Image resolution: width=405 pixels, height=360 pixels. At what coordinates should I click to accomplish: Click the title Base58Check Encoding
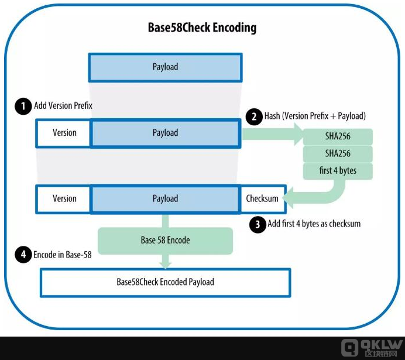click(202, 28)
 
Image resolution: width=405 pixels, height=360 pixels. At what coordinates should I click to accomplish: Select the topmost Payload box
click(164, 67)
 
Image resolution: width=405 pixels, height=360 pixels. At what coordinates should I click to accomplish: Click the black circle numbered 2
click(255, 116)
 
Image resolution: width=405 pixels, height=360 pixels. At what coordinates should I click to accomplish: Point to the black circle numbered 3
click(258, 224)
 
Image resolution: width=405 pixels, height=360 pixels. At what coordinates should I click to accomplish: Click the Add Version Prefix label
click(63, 106)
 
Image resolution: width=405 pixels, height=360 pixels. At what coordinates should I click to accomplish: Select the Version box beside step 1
click(64, 133)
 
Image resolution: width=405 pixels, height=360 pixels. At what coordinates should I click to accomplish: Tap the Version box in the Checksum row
click(64, 198)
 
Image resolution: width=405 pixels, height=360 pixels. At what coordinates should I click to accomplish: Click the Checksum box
click(262, 198)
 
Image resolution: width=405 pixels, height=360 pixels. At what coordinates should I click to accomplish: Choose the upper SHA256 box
click(338, 137)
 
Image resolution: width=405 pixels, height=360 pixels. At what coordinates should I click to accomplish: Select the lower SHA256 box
click(338, 155)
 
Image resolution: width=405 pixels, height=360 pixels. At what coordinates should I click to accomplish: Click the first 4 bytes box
click(338, 172)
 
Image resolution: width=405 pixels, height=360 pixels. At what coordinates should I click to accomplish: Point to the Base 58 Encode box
click(165, 240)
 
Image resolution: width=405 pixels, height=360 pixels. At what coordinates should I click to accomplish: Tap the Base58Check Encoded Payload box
click(165, 282)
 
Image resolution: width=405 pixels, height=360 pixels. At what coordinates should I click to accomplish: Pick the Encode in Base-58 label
click(62, 255)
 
